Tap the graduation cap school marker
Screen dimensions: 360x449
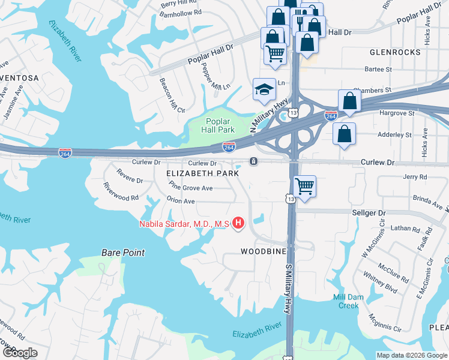tap(264, 89)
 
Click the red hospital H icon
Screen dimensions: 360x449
tap(238, 224)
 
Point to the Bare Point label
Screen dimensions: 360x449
tap(123, 253)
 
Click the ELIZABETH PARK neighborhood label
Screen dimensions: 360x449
tap(203, 173)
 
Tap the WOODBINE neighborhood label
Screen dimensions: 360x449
tap(263, 251)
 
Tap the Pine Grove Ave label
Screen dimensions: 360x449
tap(191, 188)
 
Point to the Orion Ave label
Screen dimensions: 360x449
tap(181, 201)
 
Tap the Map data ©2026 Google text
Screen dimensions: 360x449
tap(411, 355)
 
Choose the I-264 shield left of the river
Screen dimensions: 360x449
tap(65, 154)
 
